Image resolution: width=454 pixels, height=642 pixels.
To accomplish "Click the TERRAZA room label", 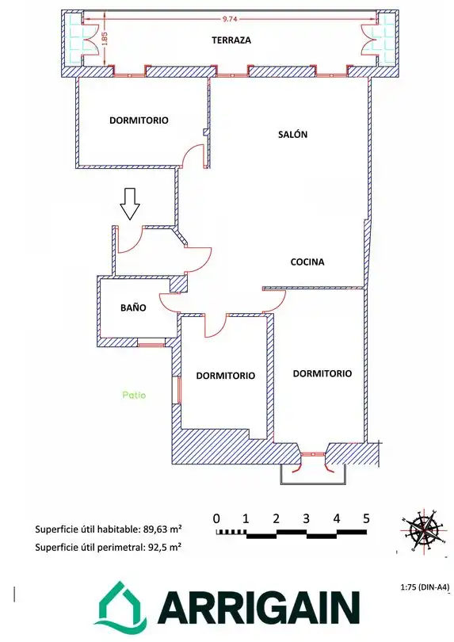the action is [231, 40].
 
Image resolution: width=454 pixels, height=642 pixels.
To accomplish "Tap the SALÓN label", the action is [292, 134].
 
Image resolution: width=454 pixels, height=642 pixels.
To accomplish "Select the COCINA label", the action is [307, 262].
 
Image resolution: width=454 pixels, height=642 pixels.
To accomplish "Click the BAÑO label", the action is [133, 308].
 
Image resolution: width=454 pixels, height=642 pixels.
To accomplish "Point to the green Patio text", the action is [134, 396].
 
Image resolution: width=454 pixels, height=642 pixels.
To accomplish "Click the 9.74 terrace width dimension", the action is [230, 19].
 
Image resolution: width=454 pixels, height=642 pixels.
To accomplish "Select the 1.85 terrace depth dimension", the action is [104, 40].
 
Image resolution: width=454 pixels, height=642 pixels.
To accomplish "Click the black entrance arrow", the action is [130, 204].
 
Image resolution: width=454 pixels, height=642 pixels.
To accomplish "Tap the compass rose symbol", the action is [423, 531].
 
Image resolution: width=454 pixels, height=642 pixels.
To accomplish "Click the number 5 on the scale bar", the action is [366, 519].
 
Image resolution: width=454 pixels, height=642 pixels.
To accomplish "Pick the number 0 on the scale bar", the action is [216, 519].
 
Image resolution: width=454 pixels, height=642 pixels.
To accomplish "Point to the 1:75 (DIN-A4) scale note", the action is [425, 587].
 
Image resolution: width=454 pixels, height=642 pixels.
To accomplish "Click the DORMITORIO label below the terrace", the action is [139, 120].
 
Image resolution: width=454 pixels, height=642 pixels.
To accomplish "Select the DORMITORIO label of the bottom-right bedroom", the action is [322, 373].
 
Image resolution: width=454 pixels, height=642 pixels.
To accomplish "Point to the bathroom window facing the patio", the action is [151, 342].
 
